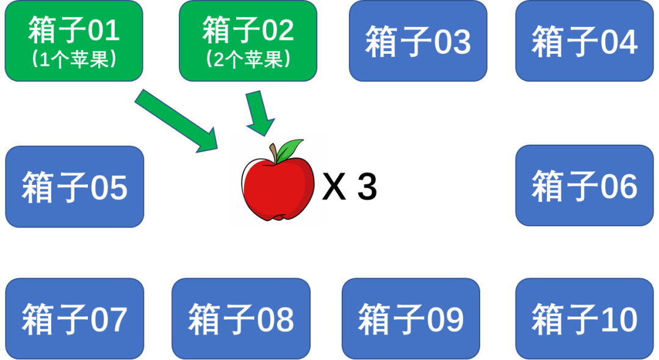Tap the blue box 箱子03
pos(418,41)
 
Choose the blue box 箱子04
pos(584,41)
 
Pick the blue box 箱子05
pos(74,187)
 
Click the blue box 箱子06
pos(584,185)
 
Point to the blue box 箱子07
pos(74,319)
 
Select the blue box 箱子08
pos(241,319)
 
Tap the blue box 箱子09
pos(411,319)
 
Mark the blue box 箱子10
pos(584,319)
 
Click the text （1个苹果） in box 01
pos(73,60)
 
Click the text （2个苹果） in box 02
pos(248,60)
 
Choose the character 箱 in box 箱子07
pos(39,319)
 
